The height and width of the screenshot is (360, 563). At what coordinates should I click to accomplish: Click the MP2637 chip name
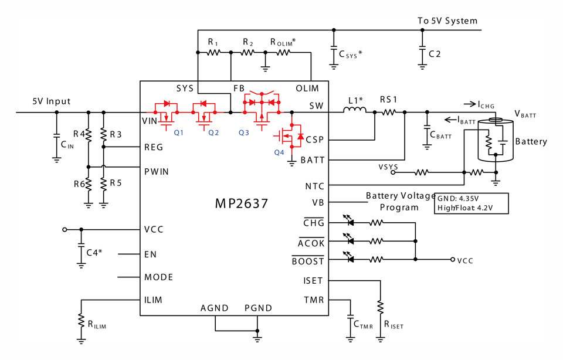pos(241,203)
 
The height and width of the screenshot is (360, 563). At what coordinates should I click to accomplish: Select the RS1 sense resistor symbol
pos(388,113)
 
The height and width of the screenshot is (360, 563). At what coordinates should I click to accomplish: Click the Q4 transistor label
pos(279,152)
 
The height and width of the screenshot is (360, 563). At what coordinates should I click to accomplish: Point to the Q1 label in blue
pos(178,133)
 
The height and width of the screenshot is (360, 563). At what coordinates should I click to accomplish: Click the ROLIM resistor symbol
pos(283,52)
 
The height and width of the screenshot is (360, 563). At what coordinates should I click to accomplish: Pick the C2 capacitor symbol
pos(422,54)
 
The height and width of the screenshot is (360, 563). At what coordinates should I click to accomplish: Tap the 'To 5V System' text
pos(447,21)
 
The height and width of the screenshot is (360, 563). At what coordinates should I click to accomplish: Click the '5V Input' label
pos(52,101)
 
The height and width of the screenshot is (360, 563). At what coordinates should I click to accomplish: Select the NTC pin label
pos(314,186)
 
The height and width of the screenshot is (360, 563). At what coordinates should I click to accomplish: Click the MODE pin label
pos(159,277)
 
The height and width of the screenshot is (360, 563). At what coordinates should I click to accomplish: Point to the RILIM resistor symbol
pos(82,321)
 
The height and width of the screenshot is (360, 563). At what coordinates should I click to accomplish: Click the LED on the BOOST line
pos(350,259)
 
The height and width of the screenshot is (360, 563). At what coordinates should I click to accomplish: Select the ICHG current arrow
pos(470,104)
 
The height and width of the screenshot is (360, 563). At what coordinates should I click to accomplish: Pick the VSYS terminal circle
pos(393,172)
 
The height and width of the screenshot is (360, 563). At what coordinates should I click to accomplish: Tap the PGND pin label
pos(258,308)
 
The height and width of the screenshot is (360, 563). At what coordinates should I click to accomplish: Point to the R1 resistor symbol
pos(213,52)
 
